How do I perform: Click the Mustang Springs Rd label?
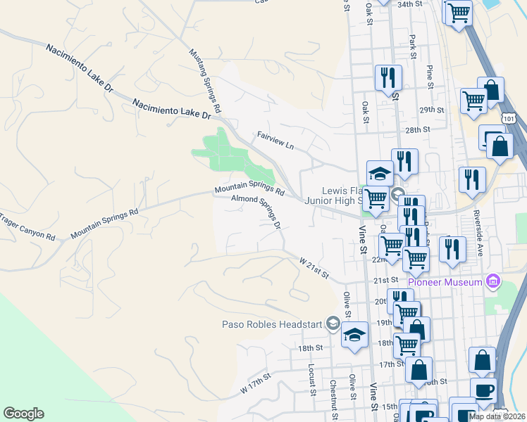[206, 82]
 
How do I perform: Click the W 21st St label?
[314, 268]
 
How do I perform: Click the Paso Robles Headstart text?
[272, 324]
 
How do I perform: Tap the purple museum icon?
[493, 282]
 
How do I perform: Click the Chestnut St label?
[333, 399]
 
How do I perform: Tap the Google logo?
[23, 414]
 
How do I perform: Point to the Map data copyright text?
[496, 416]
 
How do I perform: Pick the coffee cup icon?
[483, 391]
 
